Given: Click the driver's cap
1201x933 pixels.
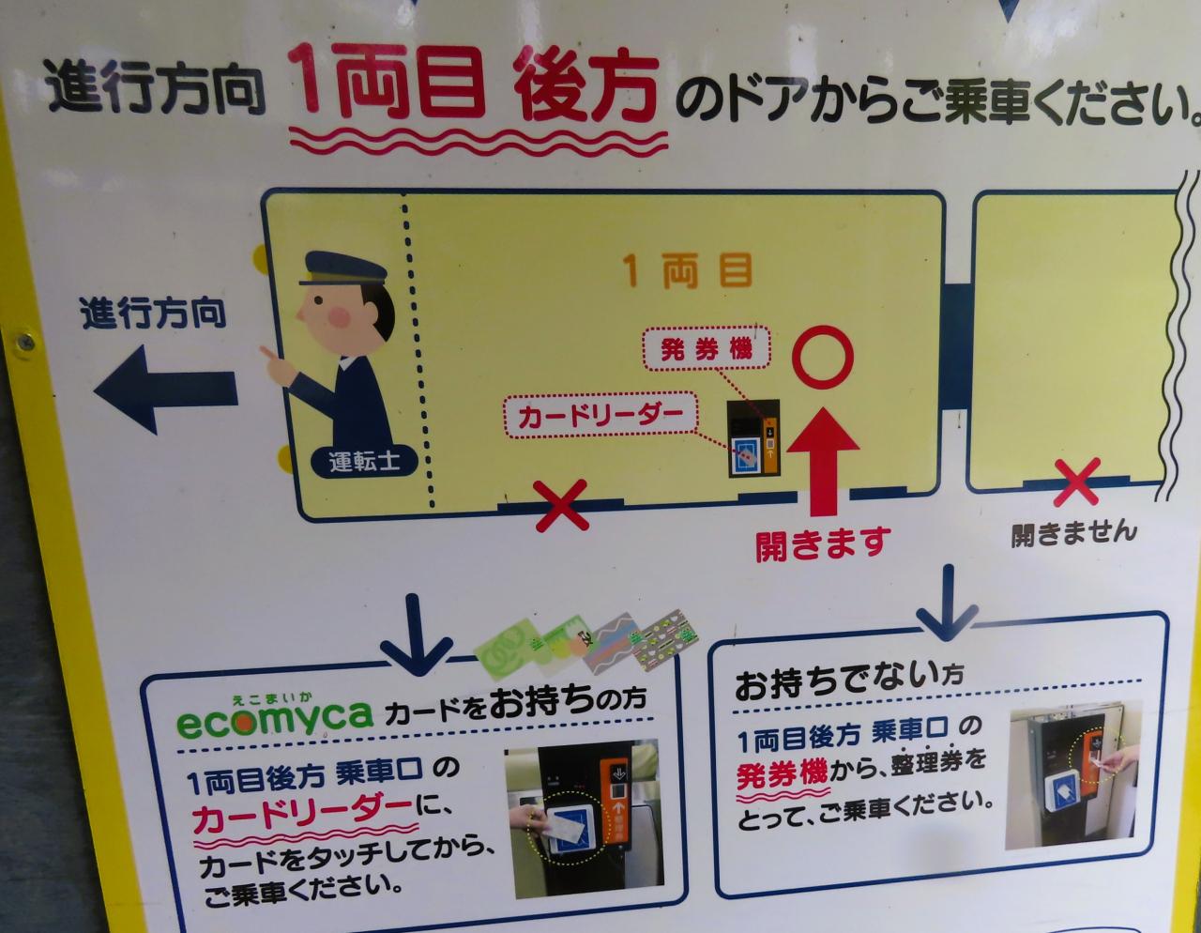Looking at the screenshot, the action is coord(342,268).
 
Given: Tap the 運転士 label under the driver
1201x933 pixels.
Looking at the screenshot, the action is coord(364,461).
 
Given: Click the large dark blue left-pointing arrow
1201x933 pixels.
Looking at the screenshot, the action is coord(166,389).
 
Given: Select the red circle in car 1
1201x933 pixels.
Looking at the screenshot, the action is coord(823,357).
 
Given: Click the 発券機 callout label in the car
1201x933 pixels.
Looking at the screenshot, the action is coord(707,348).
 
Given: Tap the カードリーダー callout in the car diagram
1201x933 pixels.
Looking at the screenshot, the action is coord(600,415).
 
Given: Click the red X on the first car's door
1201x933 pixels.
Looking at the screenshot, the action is coord(561,505).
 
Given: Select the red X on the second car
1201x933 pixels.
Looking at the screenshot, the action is coord(1076,482).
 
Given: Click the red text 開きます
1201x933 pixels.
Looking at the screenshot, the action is coord(824,543).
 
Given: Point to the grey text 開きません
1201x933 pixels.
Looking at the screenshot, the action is coord(1074,534).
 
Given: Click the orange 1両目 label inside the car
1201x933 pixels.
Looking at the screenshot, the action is coord(689,270).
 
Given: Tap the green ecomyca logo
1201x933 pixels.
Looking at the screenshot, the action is coord(275,717).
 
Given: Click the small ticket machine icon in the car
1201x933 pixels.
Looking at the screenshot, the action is coord(753,438).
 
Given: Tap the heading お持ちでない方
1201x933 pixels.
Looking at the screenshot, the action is coord(849,682).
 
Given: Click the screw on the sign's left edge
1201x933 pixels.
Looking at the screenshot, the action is coord(24,343).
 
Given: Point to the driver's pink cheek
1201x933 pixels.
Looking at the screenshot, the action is coord(340,316).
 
